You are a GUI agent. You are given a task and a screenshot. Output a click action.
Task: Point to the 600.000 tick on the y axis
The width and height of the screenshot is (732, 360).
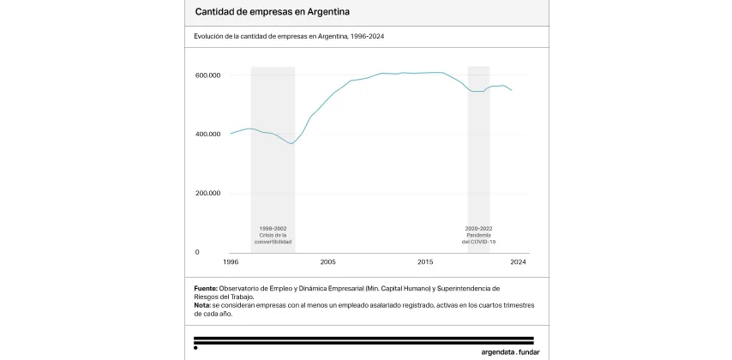(x=208, y=75)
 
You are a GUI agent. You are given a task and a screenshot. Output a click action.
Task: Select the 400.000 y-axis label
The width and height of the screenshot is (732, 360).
(x=208, y=135)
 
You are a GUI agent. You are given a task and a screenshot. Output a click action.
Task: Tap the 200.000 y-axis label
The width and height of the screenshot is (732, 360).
(x=208, y=194)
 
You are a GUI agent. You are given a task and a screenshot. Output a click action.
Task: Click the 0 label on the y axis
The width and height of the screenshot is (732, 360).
(x=197, y=252)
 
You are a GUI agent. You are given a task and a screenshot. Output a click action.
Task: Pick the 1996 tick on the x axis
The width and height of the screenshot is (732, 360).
(x=231, y=261)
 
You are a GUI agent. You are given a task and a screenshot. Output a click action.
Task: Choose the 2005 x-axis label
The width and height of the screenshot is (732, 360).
(x=328, y=261)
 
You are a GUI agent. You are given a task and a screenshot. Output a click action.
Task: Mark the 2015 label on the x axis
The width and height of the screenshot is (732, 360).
(x=425, y=261)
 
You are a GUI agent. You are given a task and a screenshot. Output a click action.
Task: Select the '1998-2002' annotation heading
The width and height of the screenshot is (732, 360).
(x=273, y=229)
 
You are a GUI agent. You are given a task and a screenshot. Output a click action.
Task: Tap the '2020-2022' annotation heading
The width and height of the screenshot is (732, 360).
(x=479, y=229)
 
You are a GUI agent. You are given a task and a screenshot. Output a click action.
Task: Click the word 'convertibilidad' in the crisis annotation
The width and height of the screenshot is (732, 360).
(x=273, y=243)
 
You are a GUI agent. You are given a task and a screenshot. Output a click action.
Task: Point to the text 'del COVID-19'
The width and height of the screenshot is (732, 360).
(x=479, y=243)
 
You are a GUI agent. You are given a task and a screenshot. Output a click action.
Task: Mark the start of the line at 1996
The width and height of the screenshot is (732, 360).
(x=231, y=134)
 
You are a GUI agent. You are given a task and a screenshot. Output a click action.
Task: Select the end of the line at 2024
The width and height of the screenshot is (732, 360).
(x=512, y=90)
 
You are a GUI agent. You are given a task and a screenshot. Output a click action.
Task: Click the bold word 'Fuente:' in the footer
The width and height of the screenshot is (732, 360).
(x=206, y=289)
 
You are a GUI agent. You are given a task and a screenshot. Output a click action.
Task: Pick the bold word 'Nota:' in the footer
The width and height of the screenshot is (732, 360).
(x=203, y=305)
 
